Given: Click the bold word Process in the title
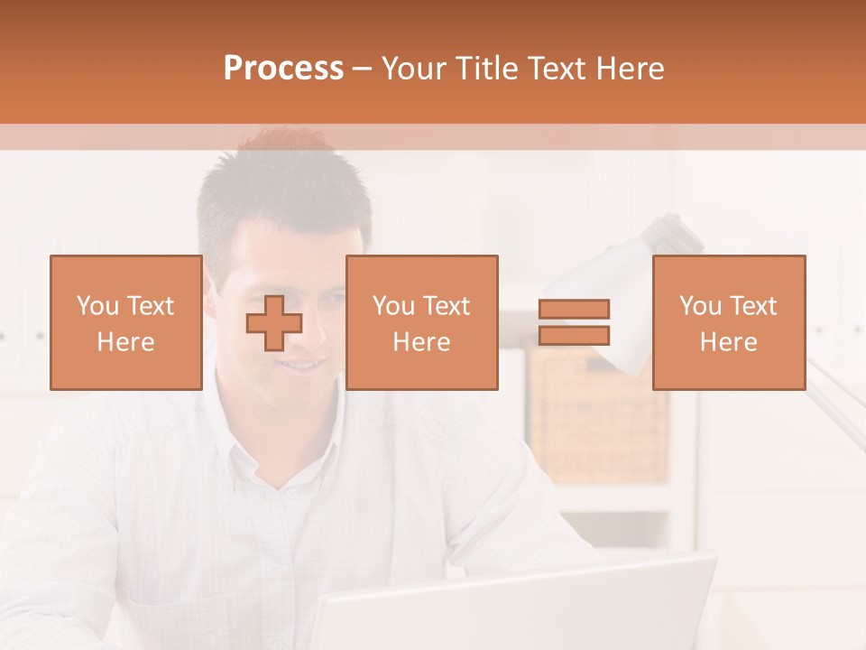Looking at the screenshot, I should [283, 69].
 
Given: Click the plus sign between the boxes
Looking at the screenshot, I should [274, 323].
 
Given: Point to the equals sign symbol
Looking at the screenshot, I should [574, 322].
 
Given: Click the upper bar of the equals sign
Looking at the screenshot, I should [574, 310].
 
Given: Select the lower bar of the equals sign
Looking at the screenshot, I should [574, 335].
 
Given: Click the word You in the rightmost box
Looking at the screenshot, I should [700, 306].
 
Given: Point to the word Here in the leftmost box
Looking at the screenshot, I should [126, 342].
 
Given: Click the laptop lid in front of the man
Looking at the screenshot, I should [514, 605].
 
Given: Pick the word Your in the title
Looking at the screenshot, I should [416, 69].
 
